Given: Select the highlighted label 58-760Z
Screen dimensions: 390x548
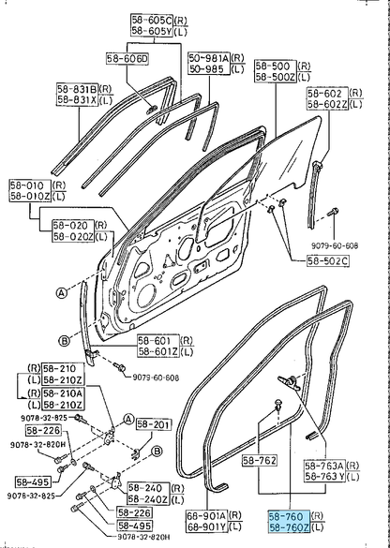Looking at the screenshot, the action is (x=289, y=527).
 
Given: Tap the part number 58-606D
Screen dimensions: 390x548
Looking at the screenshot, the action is (x=127, y=59).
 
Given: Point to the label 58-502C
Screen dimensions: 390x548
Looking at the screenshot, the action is (x=328, y=260).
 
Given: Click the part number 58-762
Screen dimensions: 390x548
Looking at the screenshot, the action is (x=259, y=461).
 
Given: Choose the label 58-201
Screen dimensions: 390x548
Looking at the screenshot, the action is (x=154, y=424).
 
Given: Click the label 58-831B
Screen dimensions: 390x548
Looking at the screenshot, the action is (x=78, y=89).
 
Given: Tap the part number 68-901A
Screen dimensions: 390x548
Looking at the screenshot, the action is (x=206, y=515).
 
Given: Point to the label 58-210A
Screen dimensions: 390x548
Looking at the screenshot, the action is (x=64, y=393).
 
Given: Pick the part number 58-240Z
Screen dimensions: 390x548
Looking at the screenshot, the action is (x=149, y=499).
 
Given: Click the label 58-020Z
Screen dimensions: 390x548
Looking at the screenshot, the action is (x=73, y=237).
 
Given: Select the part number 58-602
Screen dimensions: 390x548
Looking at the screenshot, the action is (x=328, y=93).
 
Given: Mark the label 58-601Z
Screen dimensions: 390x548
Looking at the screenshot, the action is (x=158, y=351).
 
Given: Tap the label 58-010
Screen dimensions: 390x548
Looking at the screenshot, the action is (x=30, y=185).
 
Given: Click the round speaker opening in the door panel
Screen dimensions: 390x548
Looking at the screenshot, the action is (x=147, y=296).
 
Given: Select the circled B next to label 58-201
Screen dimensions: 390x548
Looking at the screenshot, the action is (x=157, y=452).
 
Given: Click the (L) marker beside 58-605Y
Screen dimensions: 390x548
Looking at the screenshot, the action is (x=181, y=32).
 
